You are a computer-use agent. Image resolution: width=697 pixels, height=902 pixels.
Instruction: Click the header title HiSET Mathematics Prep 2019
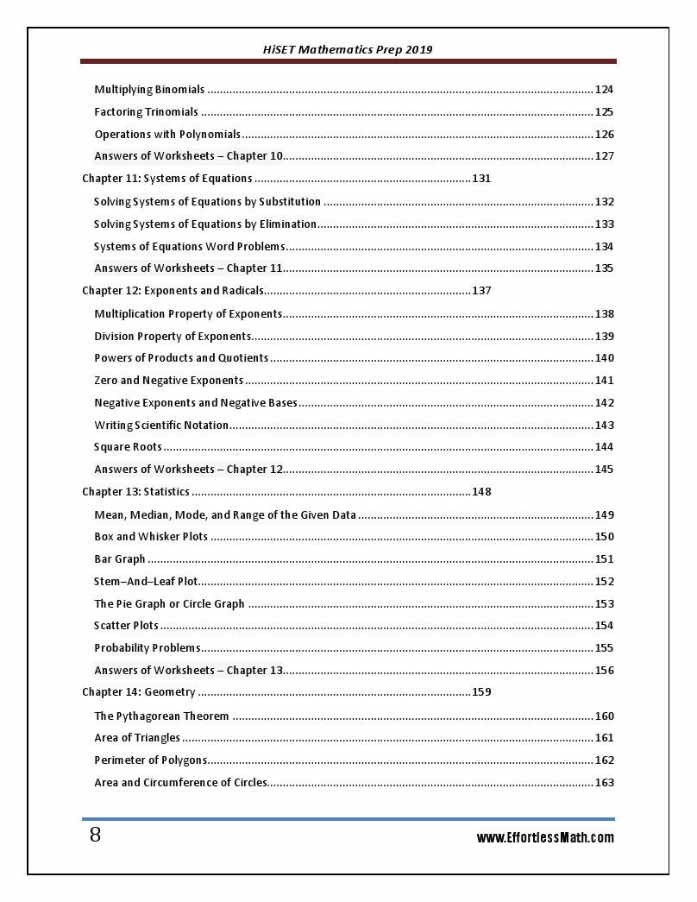click(x=348, y=49)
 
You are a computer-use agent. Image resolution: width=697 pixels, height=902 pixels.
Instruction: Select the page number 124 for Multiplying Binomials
click(x=604, y=90)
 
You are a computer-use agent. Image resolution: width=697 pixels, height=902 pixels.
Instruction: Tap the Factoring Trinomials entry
click(x=146, y=112)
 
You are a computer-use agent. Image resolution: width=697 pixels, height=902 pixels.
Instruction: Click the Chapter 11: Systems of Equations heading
click(x=167, y=179)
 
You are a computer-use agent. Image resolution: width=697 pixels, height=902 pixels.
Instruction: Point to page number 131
click(x=481, y=179)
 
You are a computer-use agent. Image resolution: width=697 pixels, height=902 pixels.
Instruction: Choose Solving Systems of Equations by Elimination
click(x=205, y=224)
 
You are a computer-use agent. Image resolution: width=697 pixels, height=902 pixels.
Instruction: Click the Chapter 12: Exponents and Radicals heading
click(x=173, y=291)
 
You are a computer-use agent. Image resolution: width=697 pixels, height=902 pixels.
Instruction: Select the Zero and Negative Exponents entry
click(x=169, y=381)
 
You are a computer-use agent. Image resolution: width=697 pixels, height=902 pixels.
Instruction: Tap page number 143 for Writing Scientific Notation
click(x=604, y=426)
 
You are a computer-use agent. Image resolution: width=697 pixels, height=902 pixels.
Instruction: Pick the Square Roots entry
click(x=128, y=447)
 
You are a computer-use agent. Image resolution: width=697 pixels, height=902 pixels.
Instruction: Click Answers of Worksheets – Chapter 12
click(x=189, y=470)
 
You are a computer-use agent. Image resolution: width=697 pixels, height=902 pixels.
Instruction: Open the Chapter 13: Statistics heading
click(x=135, y=492)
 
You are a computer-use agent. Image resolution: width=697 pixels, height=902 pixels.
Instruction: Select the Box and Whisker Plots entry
click(x=151, y=537)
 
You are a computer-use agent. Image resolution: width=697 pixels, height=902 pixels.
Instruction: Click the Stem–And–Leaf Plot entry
click(x=146, y=582)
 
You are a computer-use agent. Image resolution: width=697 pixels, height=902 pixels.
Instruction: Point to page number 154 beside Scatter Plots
click(x=604, y=626)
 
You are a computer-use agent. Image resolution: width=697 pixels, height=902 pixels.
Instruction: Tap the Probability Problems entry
click(x=148, y=648)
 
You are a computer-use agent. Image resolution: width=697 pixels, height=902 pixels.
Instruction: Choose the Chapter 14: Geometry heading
click(x=139, y=692)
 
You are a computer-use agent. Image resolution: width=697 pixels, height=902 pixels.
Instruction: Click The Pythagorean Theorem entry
click(x=161, y=716)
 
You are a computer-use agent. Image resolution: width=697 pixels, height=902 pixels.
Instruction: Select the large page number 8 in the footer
click(x=95, y=836)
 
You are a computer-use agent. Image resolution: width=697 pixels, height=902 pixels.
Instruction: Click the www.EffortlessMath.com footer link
click(x=545, y=837)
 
